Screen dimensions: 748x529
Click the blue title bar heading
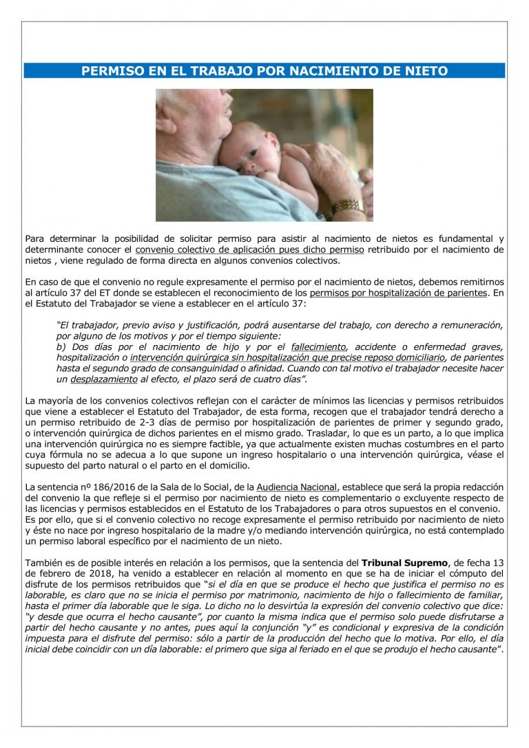coord(264,71)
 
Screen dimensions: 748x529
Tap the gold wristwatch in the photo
coord(347,207)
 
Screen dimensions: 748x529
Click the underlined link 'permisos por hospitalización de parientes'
coord(399,292)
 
